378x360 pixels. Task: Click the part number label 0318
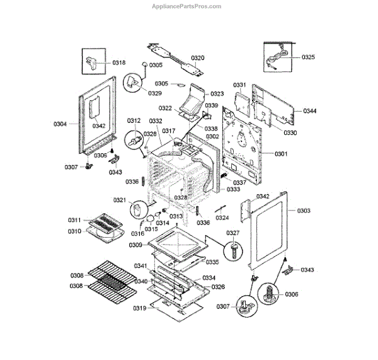(x=119, y=62)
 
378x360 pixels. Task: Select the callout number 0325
(x=308, y=57)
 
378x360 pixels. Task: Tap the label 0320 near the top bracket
(x=198, y=58)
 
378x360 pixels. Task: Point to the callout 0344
(x=309, y=111)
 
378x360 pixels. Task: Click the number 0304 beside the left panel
(x=60, y=124)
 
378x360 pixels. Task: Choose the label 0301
(x=281, y=154)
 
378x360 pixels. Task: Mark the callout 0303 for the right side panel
(x=304, y=210)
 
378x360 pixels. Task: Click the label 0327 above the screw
(x=233, y=233)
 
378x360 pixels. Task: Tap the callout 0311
(x=75, y=220)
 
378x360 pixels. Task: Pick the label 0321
(x=120, y=200)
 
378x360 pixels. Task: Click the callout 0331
(x=239, y=84)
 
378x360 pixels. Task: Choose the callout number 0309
(x=135, y=245)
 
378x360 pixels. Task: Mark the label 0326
(x=219, y=287)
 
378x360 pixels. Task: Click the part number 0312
(x=134, y=120)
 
